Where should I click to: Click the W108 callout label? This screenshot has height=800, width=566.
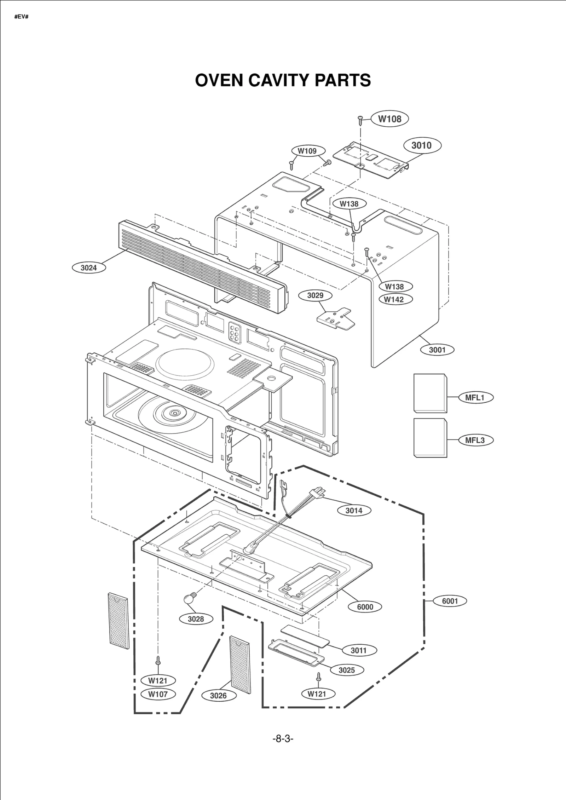tap(389, 119)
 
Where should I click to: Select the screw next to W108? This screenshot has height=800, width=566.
tap(360, 120)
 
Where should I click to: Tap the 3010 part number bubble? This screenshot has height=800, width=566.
tap(422, 145)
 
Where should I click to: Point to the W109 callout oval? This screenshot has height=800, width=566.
tap(307, 151)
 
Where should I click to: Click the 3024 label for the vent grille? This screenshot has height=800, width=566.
tap(89, 268)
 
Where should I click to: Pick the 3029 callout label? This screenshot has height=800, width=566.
tap(315, 295)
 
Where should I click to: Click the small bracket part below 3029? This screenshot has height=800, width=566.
tap(335, 318)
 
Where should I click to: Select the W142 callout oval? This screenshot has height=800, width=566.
tap(394, 300)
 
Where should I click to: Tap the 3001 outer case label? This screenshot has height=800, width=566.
tap(437, 350)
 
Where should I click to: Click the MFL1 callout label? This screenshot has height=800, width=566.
tap(474, 397)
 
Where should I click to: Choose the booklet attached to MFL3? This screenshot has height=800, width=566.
tap(430, 438)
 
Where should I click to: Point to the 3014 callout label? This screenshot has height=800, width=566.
tap(354, 511)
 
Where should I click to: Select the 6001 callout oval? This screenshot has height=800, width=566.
tap(450, 601)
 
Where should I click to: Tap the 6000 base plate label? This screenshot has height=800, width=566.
tap(365, 607)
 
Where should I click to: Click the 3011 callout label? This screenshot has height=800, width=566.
tap(358, 650)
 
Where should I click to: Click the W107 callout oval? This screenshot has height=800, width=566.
tap(158, 694)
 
